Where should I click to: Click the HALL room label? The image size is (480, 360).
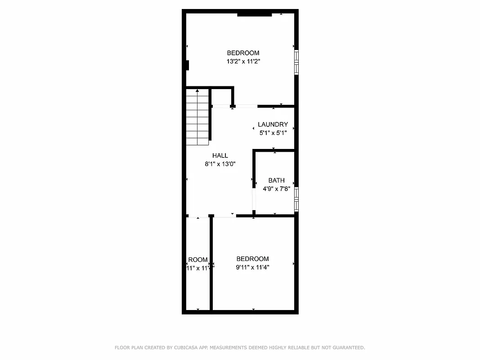[x=220, y=156]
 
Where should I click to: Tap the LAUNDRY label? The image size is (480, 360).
[x=273, y=125]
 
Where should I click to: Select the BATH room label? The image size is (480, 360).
[x=276, y=180]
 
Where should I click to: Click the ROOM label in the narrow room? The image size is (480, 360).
[x=198, y=260]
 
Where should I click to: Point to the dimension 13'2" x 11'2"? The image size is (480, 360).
[x=243, y=62]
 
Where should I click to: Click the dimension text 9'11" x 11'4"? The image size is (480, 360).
[x=252, y=267]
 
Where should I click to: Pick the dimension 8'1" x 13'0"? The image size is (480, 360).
[x=220, y=164]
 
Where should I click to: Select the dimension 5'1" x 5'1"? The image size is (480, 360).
[x=273, y=133]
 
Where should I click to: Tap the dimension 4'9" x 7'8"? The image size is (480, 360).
[x=276, y=189]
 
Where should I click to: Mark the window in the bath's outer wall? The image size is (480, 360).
[x=296, y=199]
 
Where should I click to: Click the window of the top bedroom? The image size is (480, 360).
[x=296, y=62]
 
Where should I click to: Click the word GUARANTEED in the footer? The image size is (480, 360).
[x=347, y=347]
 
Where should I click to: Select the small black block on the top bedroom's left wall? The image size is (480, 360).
[x=187, y=65]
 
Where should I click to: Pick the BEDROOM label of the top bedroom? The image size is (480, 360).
[x=243, y=53]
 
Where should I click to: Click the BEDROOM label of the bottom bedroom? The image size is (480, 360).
[x=252, y=259]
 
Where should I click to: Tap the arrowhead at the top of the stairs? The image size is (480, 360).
[x=197, y=91]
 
